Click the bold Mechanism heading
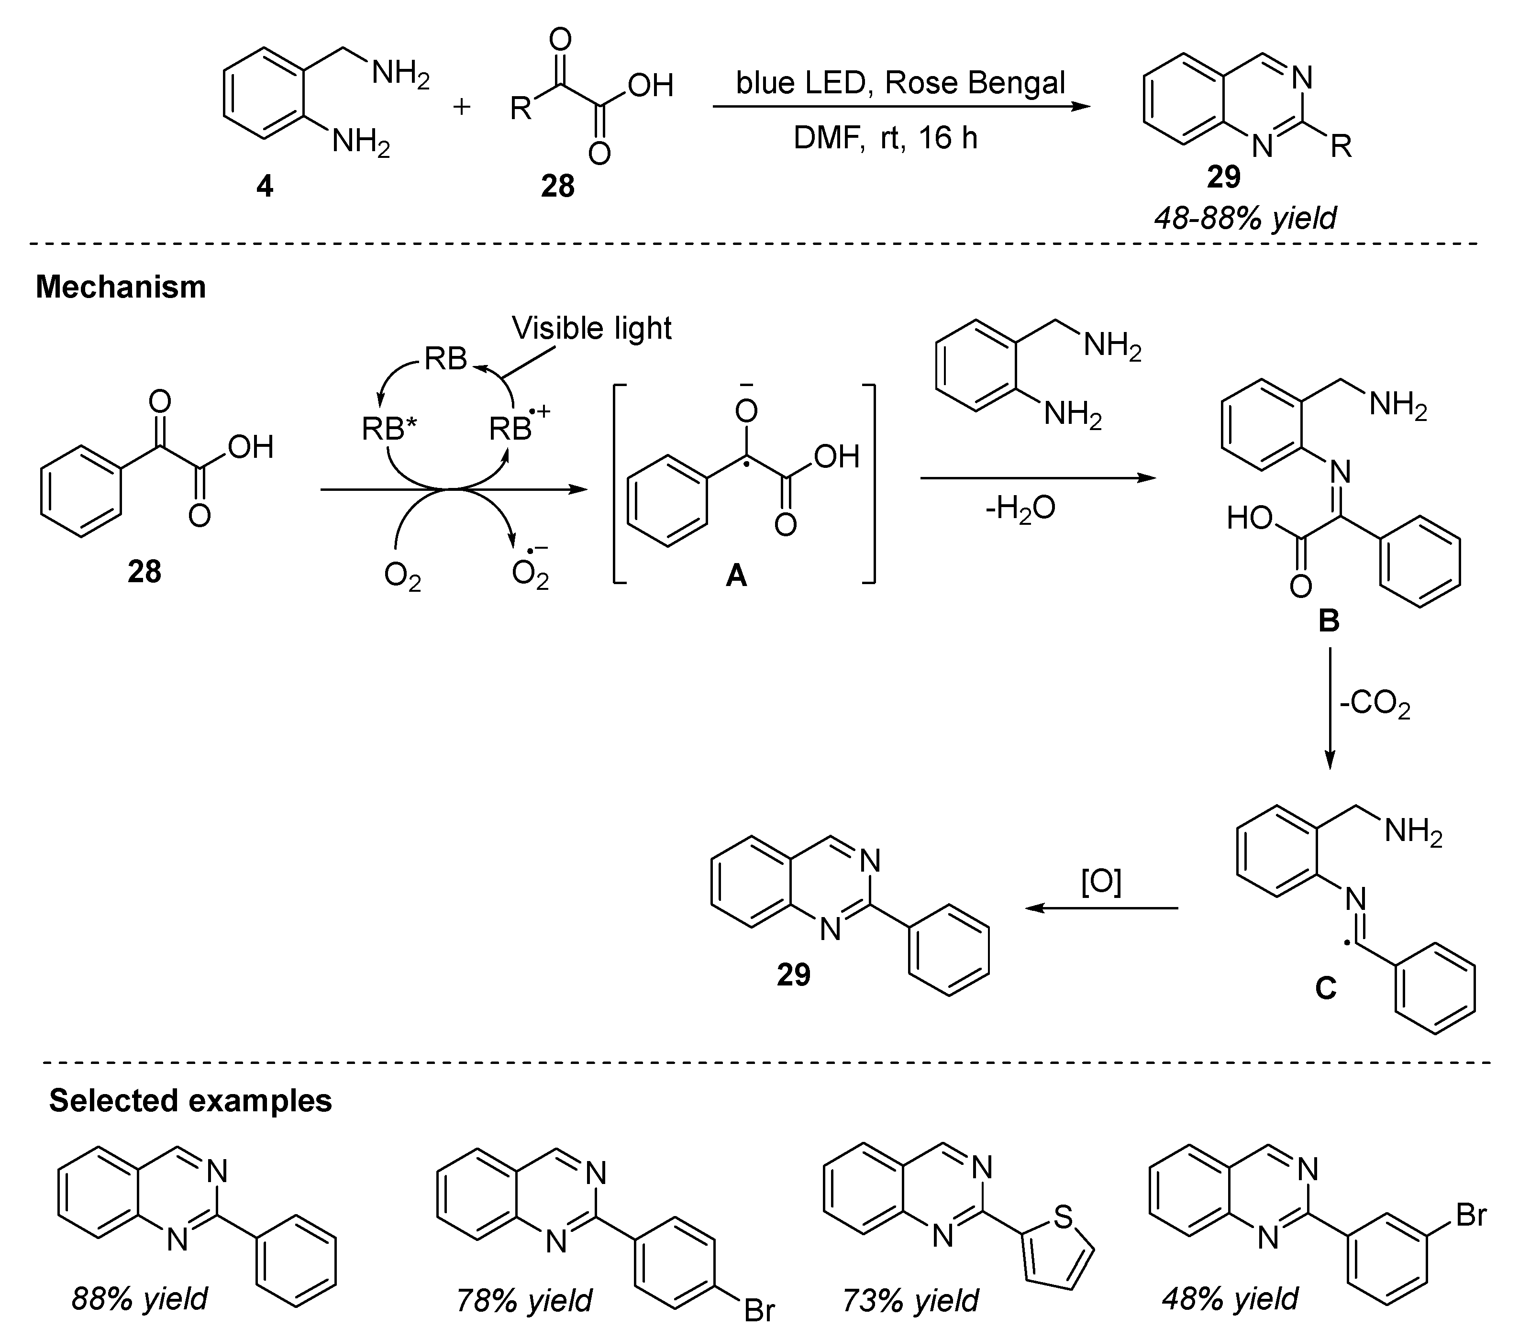coord(121,287)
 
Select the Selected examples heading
coord(190,1100)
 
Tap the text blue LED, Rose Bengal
coord(901,82)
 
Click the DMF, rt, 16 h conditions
coord(885,138)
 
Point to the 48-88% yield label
coord(1245,218)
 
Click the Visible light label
coord(591,328)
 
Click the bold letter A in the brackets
coord(736,575)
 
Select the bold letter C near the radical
coord(1325,987)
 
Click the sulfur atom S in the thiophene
coord(1064,1217)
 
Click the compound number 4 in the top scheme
coord(265,186)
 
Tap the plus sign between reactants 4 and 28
coord(462,107)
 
